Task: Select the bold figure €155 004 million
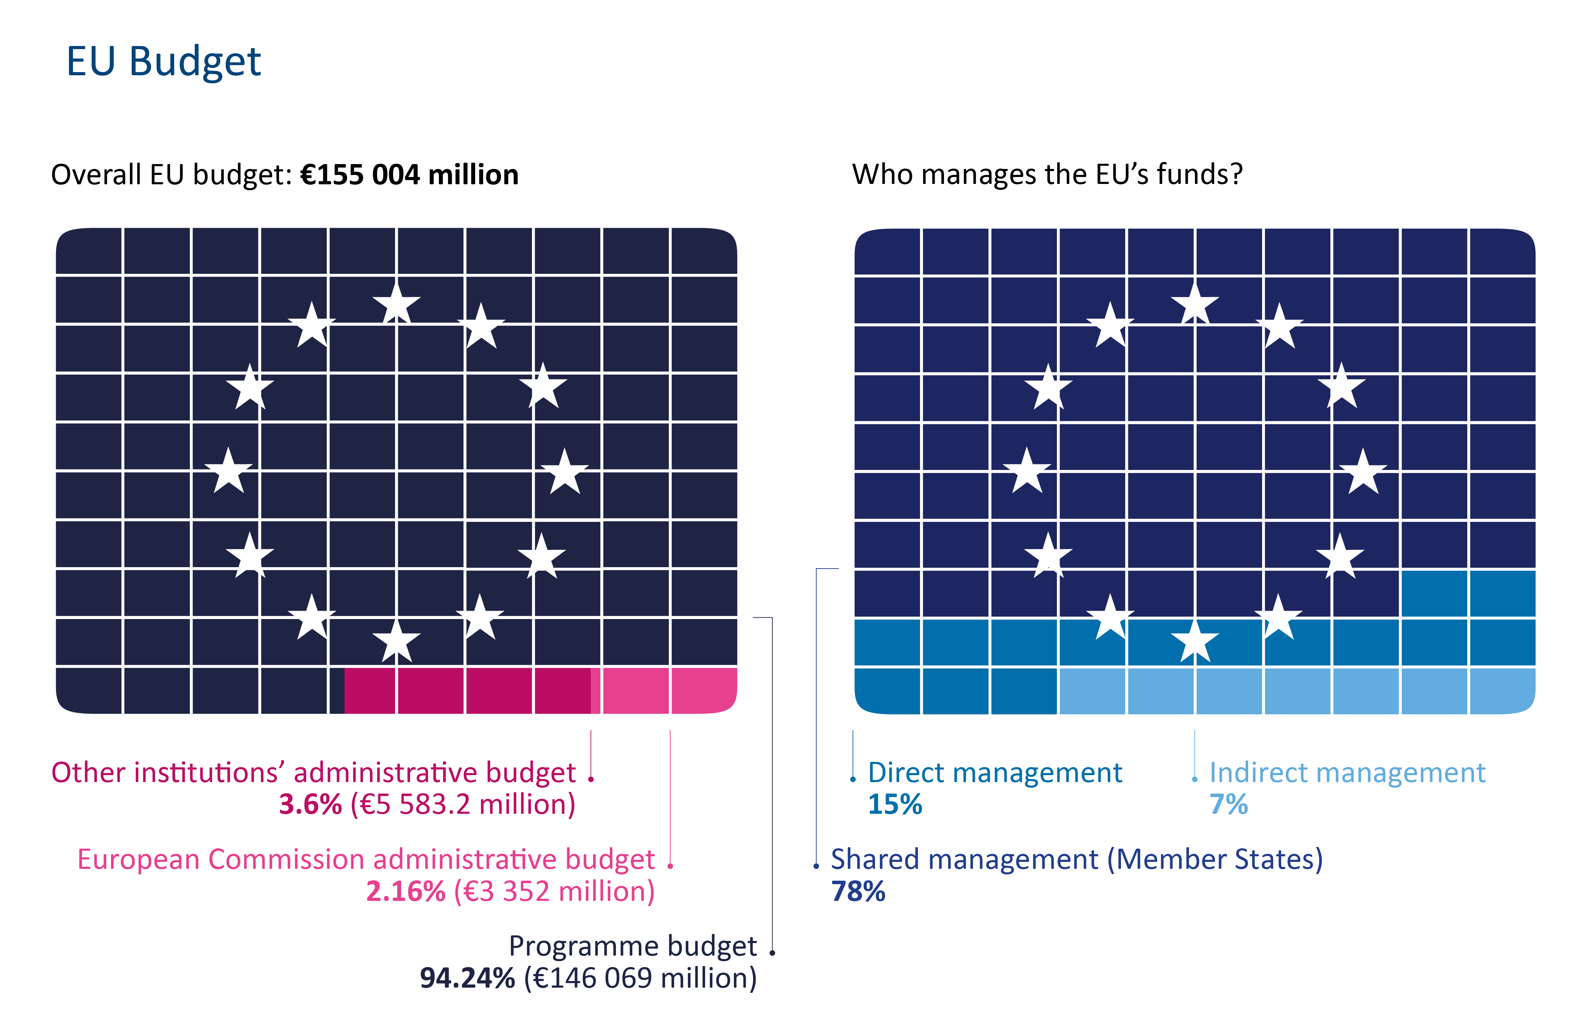click(409, 175)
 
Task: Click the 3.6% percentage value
click(310, 804)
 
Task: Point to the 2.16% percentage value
click(405, 891)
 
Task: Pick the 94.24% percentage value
click(467, 978)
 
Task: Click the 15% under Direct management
click(895, 804)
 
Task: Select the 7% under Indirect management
click(1228, 804)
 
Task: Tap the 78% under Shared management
click(858, 891)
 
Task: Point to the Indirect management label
click(1347, 773)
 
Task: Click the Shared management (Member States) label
click(1076, 859)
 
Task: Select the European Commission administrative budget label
click(366, 859)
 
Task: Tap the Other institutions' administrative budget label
click(313, 773)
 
